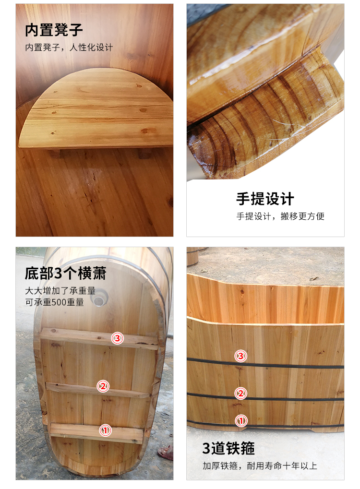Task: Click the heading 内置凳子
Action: coord(54,30)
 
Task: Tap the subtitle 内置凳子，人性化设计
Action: coord(69,48)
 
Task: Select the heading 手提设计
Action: coord(265,199)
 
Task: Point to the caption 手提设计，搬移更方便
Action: coord(280,216)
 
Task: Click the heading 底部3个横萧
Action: coord(65,274)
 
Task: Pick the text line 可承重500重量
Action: coord(54,302)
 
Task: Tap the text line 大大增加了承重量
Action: coord(60,291)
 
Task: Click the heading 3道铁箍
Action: coord(228,449)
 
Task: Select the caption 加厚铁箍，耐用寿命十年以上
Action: coord(260,466)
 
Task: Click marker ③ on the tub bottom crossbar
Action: coord(117,338)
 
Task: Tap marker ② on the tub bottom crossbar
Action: coord(103,387)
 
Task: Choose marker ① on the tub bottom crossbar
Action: coord(106,430)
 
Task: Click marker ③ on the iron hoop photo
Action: coord(240,356)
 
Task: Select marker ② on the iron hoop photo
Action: coord(240,394)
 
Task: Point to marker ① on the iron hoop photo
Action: coord(241,421)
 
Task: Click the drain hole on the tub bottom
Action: coord(99,298)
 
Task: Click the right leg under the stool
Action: coord(145,153)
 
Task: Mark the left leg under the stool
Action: coord(55,153)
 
